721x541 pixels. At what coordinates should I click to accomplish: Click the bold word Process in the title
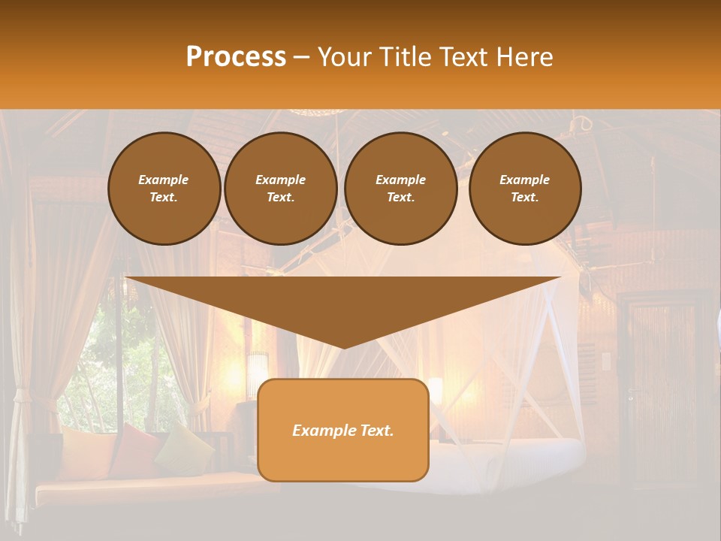pyautogui.click(x=236, y=57)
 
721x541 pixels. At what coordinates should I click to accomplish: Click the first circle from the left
pyautogui.click(x=164, y=189)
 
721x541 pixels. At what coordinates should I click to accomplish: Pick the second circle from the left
pyautogui.click(x=281, y=189)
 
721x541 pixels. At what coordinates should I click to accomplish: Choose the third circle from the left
pyautogui.click(x=401, y=189)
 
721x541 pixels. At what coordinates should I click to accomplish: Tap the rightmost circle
pyautogui.click(x=525, y=189)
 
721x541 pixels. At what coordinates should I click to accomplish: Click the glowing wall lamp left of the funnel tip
pyautogui.click(x=258, y=368)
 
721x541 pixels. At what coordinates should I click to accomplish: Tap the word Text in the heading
pyautogui.click(x=466, y=57)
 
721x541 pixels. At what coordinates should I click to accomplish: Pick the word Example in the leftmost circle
pyautogui.click(x=164, y=180)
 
